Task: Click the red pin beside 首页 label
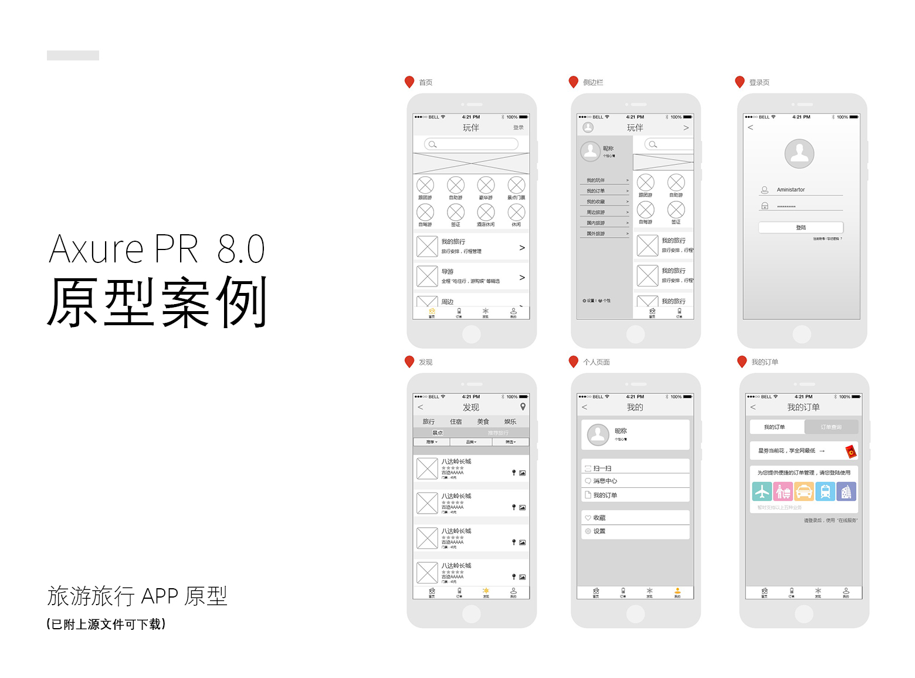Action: click(x=409, y=82)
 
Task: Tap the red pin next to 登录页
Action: click(x=740, y=82)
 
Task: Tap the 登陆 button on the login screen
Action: click(x=801, y=227)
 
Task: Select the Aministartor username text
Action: click(x=791, y=190)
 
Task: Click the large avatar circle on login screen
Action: click(x=799, y=154)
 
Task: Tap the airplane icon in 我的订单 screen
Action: click(x=762, y=491)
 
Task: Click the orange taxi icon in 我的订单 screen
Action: click(x=804, y=491)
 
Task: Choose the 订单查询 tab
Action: click(x=831, y=427)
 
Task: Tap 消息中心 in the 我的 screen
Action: click(x=605, y=481)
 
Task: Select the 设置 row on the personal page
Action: click(x=599, y=531)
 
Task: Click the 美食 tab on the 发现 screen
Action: click(x=483, y=421)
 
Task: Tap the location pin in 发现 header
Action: click(x=523, y=407)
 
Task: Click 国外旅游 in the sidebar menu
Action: click(x=596, y=234)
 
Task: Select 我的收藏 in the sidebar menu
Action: click(x=596, y=201)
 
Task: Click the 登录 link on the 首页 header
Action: click(x=518, y=127)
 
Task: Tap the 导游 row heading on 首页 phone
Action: click(x=448, y=272)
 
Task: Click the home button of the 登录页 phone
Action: click(x=802, y=334)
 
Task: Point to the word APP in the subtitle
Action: click(x=160, y=596)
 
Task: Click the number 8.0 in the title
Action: click(x=241, y=249)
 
